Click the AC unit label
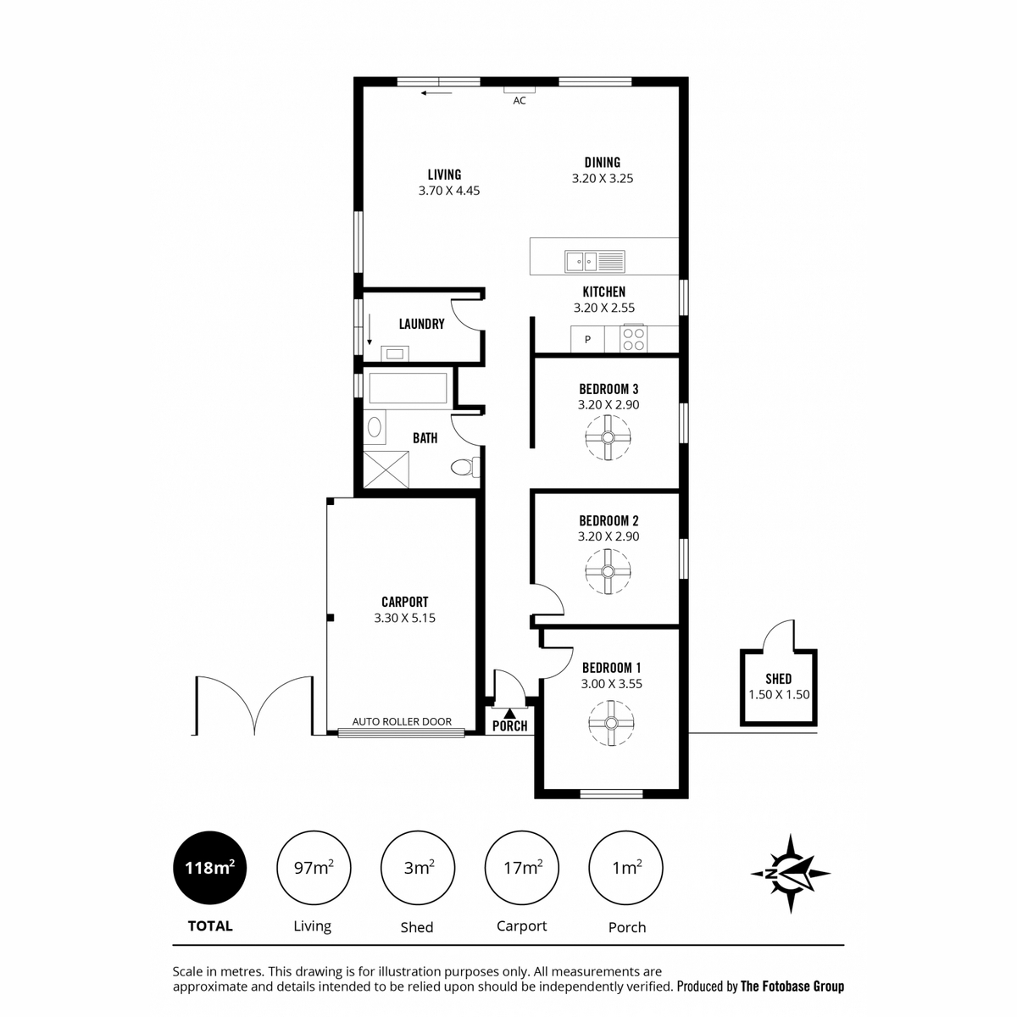click(520, 100)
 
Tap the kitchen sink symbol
click(595, 261)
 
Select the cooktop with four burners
click(633, 339)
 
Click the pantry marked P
click(587, 339)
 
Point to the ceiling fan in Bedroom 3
click(608, 437)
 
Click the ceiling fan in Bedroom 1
click(611, 723)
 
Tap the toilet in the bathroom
click(465, 467)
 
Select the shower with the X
click(386, 470)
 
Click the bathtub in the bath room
click(408, 388)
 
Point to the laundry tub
click(395, 353)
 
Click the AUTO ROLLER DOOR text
click(402, 721)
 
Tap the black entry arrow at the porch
click(510, 714)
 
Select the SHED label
click(779, 679)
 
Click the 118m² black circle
click(210, 868)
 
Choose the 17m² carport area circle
click(522, 868)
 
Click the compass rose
click(790, 874)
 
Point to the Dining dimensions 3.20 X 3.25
click(603, 178)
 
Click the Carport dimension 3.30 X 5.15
click(405, 618)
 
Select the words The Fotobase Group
click(792, 986)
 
